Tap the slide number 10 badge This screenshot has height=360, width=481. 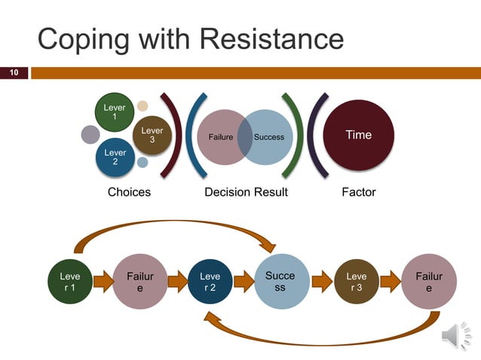click(14, 73)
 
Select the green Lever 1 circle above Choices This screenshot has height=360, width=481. click(115, 112)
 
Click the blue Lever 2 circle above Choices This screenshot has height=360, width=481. click(115, 158)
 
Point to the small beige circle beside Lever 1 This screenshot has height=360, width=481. click(142, 105)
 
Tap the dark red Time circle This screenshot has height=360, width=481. click(358, 136)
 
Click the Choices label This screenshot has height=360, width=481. click(129, 192)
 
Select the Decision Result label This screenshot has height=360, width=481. click(246, 192)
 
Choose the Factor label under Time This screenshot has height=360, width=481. click(358, 192)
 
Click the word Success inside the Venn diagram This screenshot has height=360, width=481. click(269, 137)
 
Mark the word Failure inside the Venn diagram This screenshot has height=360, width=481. click(220, 137)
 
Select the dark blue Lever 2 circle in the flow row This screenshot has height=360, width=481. click(210, 282)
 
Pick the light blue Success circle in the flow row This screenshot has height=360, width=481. click(280, 282)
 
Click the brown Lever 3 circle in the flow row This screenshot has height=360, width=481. click(357, 282)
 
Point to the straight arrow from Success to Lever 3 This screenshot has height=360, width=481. click(321, 282)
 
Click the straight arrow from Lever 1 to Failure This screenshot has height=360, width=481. click(100, 282)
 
